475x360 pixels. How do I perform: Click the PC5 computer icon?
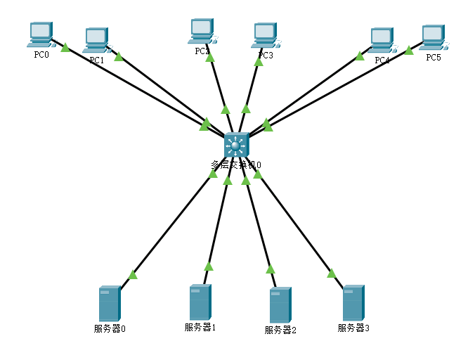(433, 38)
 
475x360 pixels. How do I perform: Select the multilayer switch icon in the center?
(236, 145)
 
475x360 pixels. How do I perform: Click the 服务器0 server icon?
(110, 303)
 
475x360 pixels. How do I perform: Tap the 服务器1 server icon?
(200, 302)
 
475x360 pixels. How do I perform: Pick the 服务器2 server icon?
(280, 305)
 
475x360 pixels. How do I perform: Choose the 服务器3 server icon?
(353, 303)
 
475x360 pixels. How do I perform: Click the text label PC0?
(41, 56)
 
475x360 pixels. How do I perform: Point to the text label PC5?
(434, 57)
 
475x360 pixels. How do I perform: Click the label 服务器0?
(109, 328)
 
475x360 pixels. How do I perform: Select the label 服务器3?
(353, 328)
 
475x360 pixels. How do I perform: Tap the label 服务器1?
(200, 327)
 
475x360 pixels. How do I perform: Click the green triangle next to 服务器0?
(132, 274)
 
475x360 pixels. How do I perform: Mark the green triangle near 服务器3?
(331, 273)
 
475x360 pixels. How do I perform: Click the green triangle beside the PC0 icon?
(65, 47)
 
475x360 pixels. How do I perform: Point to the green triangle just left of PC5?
(408, 50)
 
